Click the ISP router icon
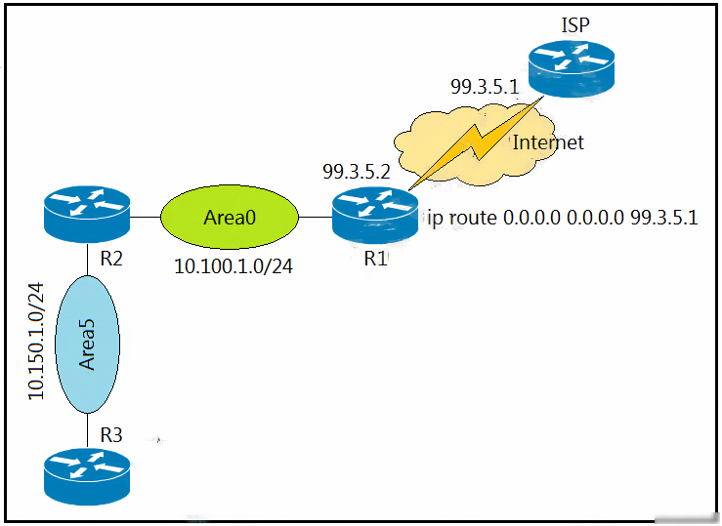point(572,68)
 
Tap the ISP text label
point(575,24)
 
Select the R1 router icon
point(375,215)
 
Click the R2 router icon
point(87,214)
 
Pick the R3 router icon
point(87,477)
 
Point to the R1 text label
point(375,259)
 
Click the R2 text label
point(111,259)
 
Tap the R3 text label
point(111,434)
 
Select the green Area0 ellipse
point(230,217)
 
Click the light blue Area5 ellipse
point(88,344)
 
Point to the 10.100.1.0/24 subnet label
point(234,266)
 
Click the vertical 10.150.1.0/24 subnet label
point(36,342)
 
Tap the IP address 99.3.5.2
point(357,172)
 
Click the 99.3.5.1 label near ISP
point(485,87)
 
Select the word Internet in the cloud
point(548,142)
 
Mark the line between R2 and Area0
point(146,217)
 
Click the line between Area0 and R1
point(316,217)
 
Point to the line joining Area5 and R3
point(87,430)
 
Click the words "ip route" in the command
point(462,218)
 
